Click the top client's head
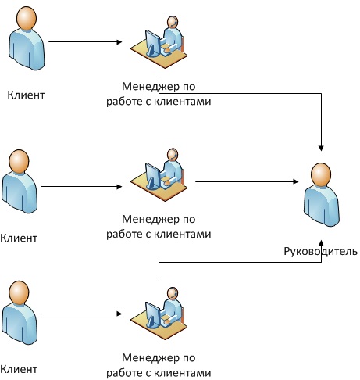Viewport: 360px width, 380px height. (x=27, y=18)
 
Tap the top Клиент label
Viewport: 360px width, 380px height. (x=26, y=95)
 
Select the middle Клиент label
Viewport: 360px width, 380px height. (x=19, y=238)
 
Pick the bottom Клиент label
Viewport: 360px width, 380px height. (x=19, y=369)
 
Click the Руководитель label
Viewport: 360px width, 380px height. (x=320, y=252)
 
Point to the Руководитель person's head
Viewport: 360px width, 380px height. (x=321, y=174)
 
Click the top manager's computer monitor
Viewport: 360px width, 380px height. (x=153, y=43)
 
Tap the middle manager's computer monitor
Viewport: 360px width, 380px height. (x=153, y=176)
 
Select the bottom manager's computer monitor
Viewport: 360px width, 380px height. (x=153, y=315)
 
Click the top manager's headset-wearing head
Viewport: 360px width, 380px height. (x=173, y=22)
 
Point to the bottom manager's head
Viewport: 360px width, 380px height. (x=173, y=293)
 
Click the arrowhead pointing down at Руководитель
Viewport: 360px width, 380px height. (x=321, y=148)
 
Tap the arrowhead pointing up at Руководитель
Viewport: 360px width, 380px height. (x=321, y=243)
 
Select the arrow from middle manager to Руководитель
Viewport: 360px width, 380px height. (x=247, y=181)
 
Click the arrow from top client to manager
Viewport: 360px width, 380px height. (x=85, y=41)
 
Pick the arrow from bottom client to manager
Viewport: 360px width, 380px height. (x=81, y=314)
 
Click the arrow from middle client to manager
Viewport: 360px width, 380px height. (x=81, y=187)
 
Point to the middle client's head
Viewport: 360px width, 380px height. (x=19, y=161)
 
